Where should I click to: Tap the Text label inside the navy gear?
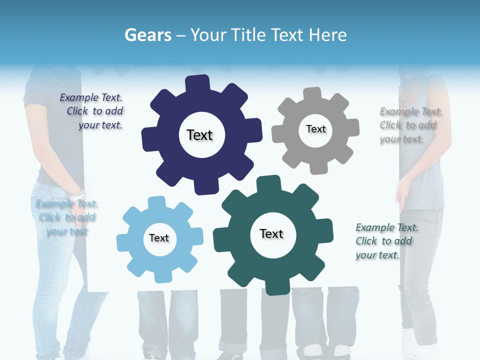click(199, 135)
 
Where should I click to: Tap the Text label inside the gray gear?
click(315, 129)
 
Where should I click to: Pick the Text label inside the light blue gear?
click(159, 238)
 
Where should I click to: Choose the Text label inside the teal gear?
click(271, 233)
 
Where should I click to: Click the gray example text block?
click(410, 125)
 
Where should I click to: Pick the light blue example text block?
click(66, 217)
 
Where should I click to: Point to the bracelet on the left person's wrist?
click(78, 193)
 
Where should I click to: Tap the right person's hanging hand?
click(401, 198)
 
